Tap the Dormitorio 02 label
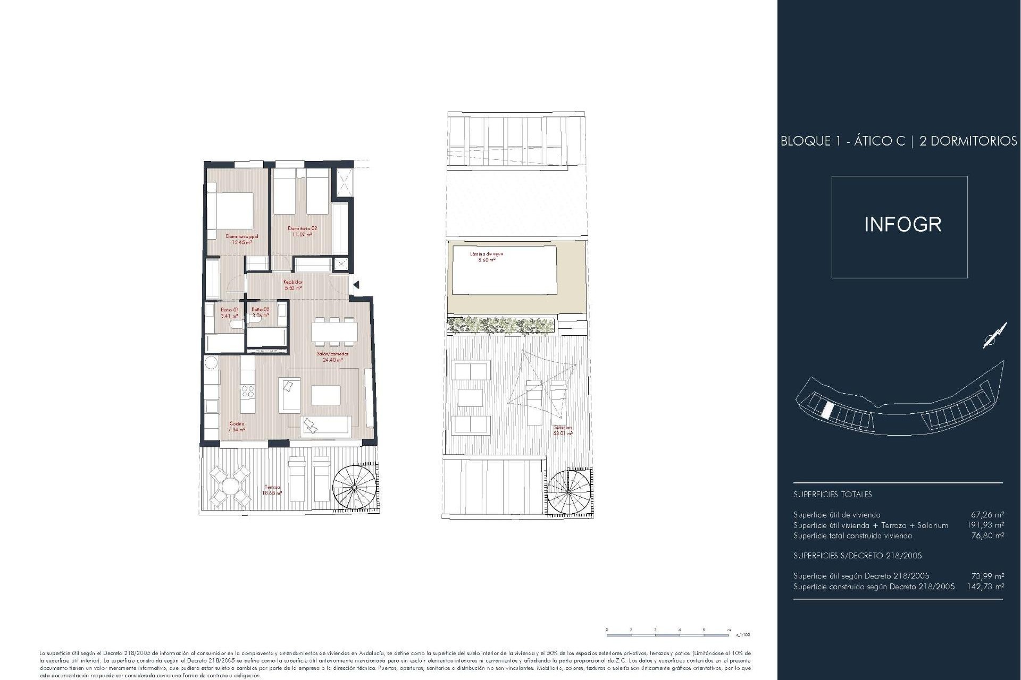(302, 231)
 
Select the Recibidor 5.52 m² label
(293, 285)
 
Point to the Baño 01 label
(229, 312)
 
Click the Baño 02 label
(261, 312)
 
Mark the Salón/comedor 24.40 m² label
(332, 356)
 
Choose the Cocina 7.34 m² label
(237, 427)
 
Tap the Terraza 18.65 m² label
(272, 490)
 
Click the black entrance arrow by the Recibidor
(356, 285)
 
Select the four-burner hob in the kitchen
(248, 392)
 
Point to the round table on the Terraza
(229, 486)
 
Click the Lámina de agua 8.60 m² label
(486, 257)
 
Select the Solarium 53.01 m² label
(563, 430)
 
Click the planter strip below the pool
(501, 326)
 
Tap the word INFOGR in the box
(902, 225)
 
